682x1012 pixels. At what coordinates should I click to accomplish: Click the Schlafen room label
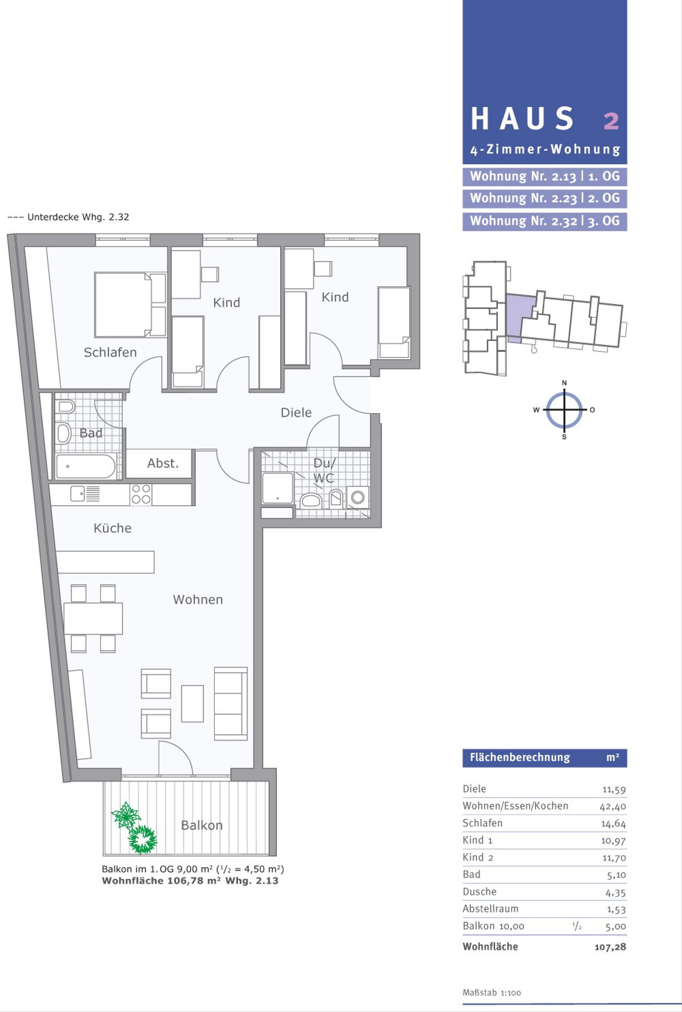[110, 352]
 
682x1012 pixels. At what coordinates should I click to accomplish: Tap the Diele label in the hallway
[296, 413]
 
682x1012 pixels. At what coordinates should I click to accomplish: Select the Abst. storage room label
[163, 463]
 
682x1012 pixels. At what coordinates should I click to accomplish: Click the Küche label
[112, 528]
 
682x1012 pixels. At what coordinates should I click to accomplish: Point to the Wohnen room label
[198, 599]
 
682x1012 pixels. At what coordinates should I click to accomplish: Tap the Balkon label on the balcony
[202, 825]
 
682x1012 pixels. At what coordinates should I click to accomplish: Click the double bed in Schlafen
[130, 305]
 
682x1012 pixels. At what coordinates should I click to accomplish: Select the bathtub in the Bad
[86, 467]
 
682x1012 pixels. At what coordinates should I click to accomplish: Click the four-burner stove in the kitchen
[141, 494]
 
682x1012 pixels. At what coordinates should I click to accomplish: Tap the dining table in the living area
[93, 618]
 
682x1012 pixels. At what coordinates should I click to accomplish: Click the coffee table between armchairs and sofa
[193, 703]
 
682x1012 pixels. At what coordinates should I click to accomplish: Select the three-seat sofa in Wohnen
[231, 703]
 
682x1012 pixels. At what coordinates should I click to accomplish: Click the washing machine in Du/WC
[357, 498]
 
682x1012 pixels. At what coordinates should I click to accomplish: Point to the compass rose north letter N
[564, 383]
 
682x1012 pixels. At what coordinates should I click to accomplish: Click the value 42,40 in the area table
[613, 806]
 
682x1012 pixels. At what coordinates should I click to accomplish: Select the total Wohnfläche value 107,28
[610, 947]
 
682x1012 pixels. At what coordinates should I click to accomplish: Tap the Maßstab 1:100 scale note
[492, 993]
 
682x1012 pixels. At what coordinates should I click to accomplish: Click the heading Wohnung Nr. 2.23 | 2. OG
[544, 198]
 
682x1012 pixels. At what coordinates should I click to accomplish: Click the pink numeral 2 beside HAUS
[611, 120]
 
